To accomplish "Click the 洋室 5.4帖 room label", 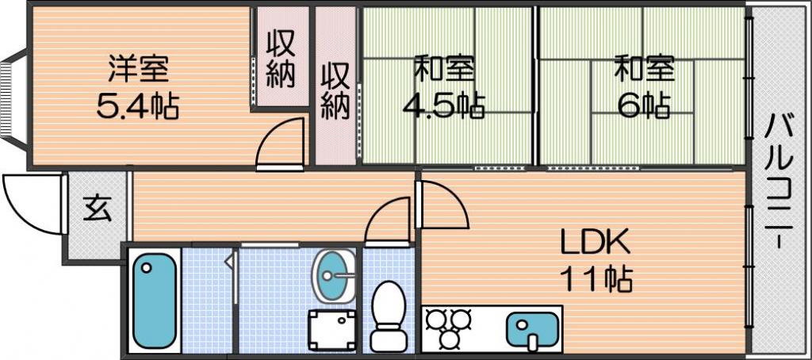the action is click(x=138, y=89).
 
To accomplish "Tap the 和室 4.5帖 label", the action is click(x=444, y=89).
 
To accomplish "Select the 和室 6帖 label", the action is click(x=644, y=89).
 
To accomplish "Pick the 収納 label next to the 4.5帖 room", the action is click(x=335, y=91).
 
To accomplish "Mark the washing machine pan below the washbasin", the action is click(x=332, y=331).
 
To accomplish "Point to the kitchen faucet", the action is click(x=534, y=340).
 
